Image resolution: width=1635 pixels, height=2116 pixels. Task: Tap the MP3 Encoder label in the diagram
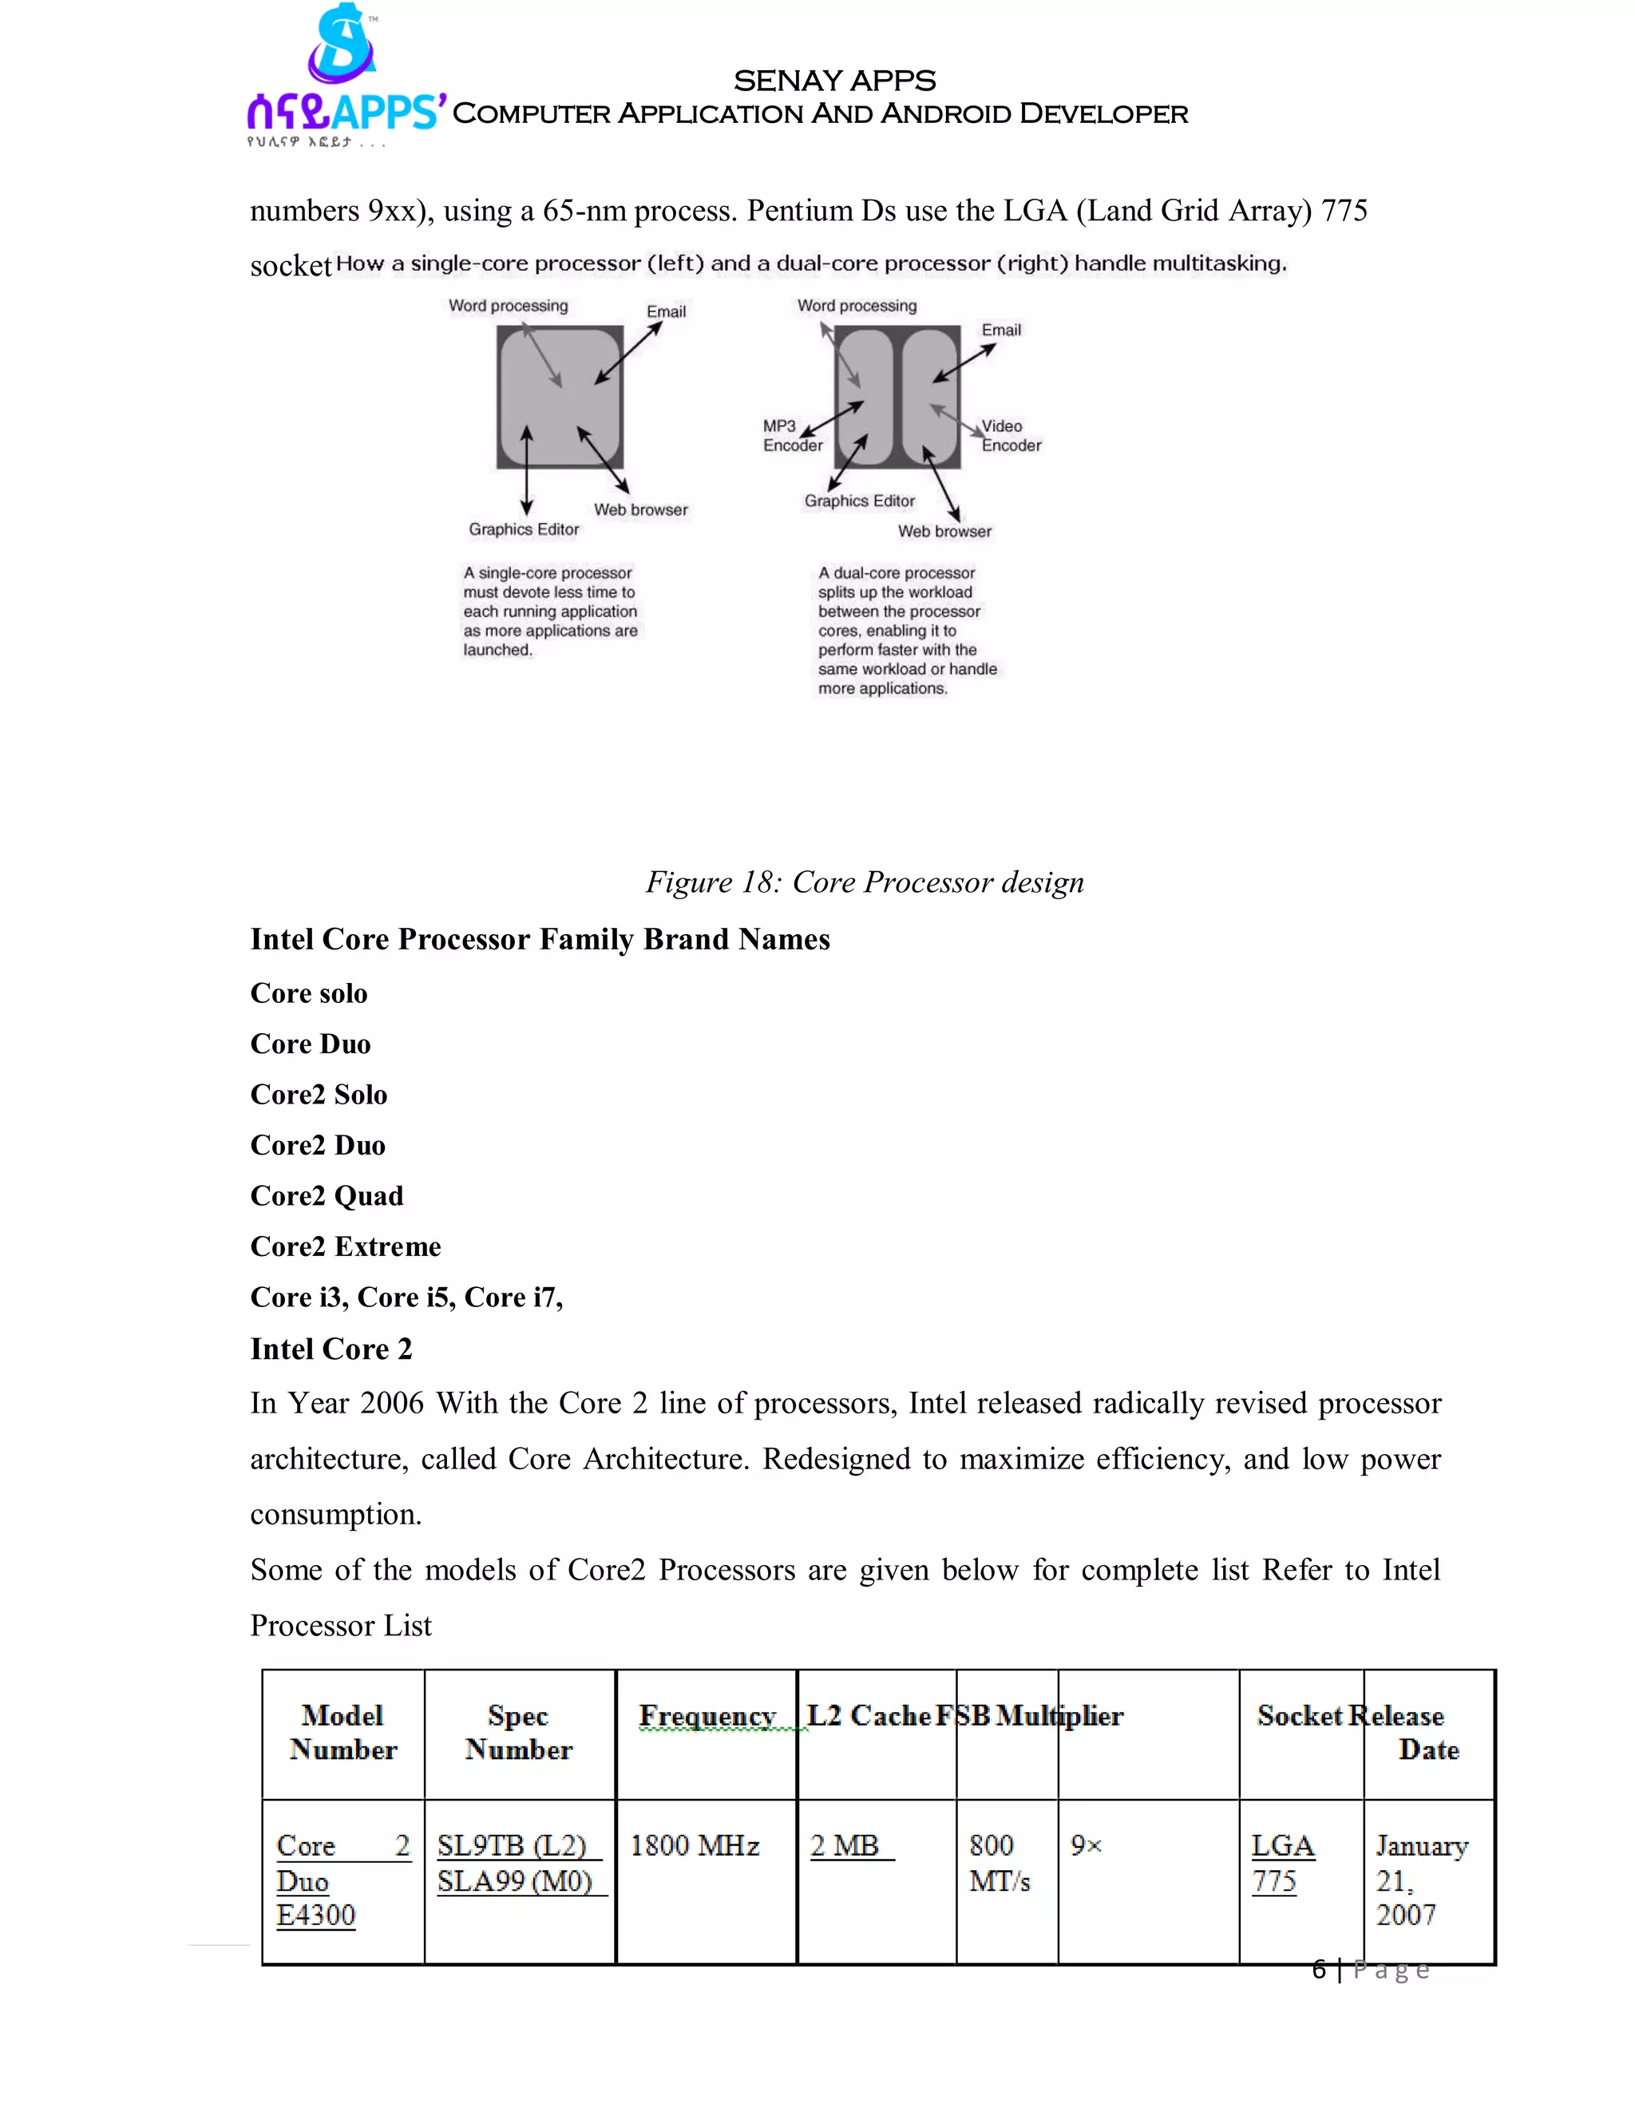pos(791,436)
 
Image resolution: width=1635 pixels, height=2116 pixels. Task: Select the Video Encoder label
pos(1010,436)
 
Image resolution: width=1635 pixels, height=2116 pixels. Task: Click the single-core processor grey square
pos(559,397)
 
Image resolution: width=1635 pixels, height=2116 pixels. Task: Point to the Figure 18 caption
pos(864,882)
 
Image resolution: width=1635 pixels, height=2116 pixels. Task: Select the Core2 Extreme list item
pos(345,1247)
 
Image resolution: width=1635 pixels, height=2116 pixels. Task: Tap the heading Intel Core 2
pos(331,1349)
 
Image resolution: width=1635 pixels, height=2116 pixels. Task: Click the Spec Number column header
pos(518,1733)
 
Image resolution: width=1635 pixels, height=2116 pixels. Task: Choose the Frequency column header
pos(707,1717)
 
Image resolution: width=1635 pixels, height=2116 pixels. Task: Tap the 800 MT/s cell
pos(999,1863)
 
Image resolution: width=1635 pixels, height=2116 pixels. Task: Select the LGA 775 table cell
pos(1281,1863)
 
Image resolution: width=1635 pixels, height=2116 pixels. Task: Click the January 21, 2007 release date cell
pos(1420,1880)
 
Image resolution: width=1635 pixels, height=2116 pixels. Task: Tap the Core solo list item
pos(309,994)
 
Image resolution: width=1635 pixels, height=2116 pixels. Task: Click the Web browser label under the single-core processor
pos(640,509)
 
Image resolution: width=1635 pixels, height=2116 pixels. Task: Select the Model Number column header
pos(342,1733)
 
